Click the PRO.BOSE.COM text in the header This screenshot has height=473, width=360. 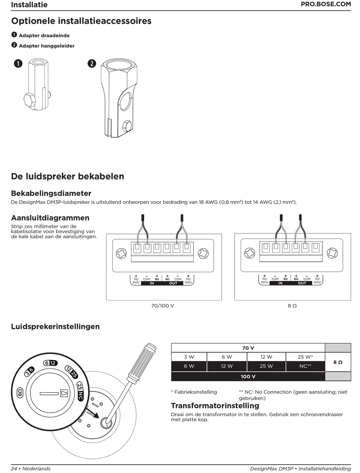[326, 5]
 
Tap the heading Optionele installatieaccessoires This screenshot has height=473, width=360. [81, 21]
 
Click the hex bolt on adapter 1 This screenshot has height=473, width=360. [30, 100]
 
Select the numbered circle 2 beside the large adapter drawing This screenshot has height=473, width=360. [92, 64]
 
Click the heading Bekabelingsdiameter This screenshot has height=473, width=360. [51, 193]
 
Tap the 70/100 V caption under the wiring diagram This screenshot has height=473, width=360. [163, 305]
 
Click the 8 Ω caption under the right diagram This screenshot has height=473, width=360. [292, 305]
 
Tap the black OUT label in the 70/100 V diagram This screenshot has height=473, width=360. [173, 283]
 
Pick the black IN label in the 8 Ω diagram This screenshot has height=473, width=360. [280, 283]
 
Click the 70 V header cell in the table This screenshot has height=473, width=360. [248, 348]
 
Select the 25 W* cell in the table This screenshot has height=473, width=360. [305, 357]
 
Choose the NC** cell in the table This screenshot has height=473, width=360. [305, 366]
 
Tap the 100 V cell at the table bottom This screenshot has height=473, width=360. [248, 376]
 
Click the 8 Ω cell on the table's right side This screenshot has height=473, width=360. [338, 362]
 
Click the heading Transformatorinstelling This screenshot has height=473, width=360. [215, 406]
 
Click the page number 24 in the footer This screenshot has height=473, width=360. [14, 469]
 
